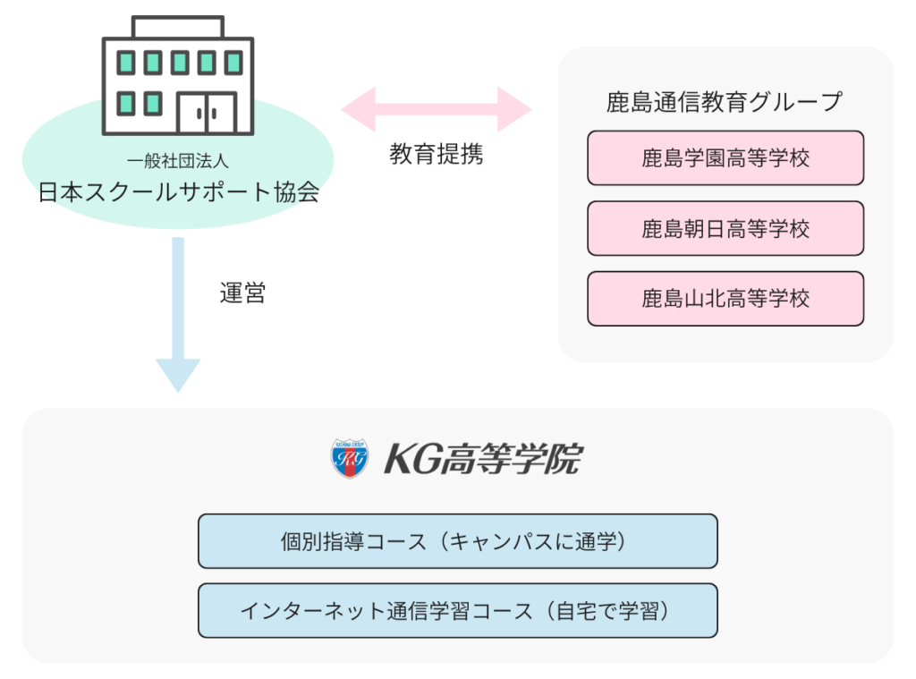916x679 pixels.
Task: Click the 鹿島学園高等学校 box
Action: tap(725, 158)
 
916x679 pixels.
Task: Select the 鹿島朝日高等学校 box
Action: tap(725, 228)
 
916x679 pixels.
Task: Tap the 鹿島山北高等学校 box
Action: tap(725, 299)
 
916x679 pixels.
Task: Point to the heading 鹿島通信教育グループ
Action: tap(725, 102)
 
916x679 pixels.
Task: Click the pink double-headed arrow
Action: tap(436, 109)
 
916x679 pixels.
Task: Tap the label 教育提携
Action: tap(436, 154)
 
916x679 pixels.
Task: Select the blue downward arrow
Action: tap(178, 313)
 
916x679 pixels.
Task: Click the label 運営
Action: tap(242, 293)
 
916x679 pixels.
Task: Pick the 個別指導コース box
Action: tap(457, 541)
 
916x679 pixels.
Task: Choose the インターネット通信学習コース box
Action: tap(457, 611)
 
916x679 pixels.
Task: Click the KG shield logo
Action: tap(350, 458)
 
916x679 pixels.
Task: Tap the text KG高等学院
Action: tap(483, 459)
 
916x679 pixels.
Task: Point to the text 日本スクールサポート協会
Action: tap(178, 192)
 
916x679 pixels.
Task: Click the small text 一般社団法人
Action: tap(178, 162)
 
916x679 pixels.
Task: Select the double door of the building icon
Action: tap(207, 113)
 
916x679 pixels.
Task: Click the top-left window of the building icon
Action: tap(127, 63)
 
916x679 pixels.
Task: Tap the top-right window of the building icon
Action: tap(233, 63)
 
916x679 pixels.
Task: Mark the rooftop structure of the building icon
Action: tap(178, 27)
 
